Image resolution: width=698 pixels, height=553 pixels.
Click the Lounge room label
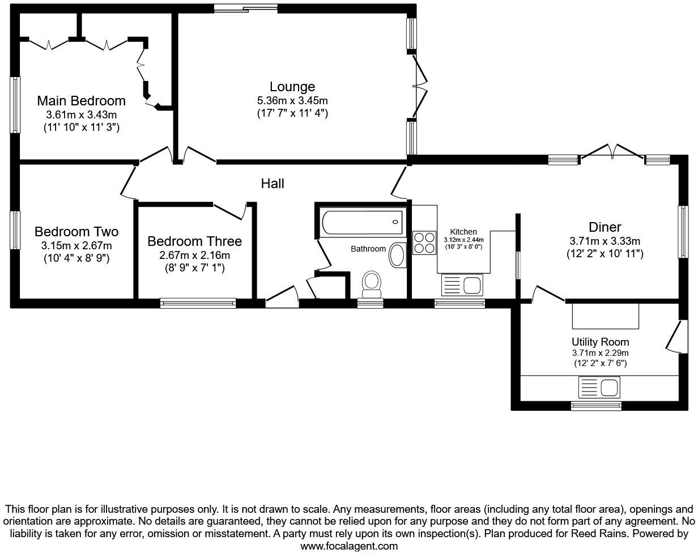coord(292,87)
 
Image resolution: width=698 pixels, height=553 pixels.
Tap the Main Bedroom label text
coord(81,101)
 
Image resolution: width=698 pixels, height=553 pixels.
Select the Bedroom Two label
coord(76,232)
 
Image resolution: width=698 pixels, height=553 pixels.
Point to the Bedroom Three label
coord(194,241)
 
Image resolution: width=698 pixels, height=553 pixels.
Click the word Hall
coord(273,184)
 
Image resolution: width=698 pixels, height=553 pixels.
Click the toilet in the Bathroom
coord(372,283)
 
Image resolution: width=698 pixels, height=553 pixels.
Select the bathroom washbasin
coord(398,255)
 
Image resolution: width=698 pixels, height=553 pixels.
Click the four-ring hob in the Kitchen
coord(423,243)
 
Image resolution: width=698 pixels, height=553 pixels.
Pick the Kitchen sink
coord(462,284)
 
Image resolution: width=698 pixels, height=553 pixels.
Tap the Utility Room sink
coord(599,388)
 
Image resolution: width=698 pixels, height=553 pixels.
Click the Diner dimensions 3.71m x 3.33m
coord(605,241)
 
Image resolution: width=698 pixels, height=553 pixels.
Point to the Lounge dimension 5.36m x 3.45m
coord(292,101)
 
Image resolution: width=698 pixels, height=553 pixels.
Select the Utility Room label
coord(600,342)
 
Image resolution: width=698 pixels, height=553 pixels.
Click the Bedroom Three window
coord(198,303)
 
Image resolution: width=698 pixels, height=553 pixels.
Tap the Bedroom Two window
coord(15,229)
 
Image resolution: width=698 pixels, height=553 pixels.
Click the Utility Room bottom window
coord(595,406)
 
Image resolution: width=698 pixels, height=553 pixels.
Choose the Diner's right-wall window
coord(683,232)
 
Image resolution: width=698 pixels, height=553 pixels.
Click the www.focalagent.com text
coord(348,546)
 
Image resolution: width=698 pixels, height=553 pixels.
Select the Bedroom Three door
coord(229,211)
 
